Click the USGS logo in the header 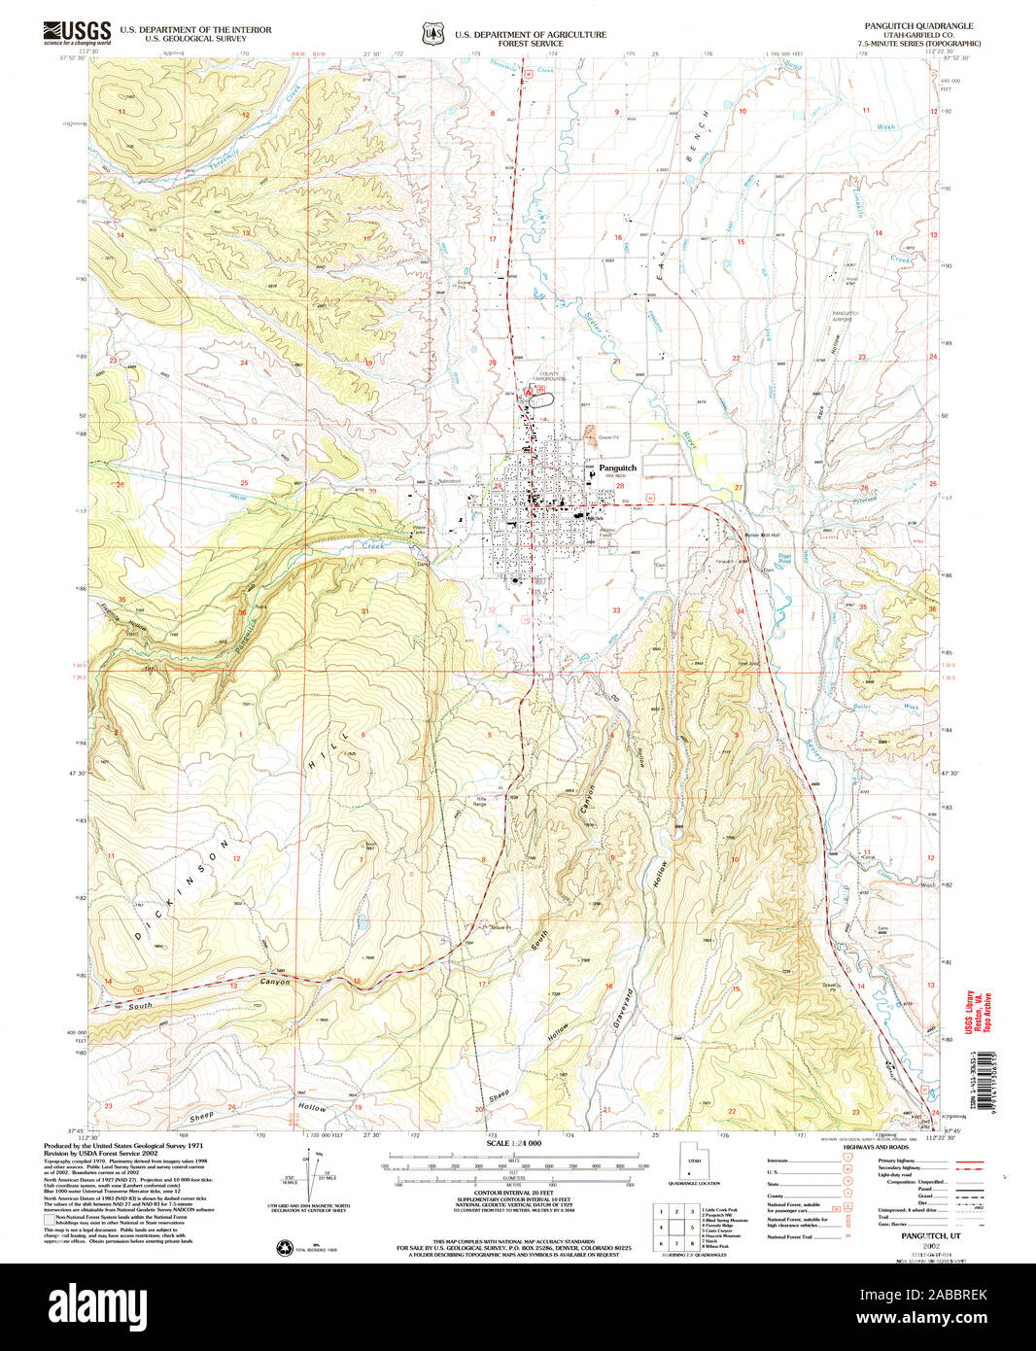tap(77, 33)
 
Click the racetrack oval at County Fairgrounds tap(541, 398)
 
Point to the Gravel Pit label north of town tap(608, 436)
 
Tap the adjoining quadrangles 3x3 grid tap(675, 1227)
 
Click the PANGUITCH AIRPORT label tap(846, 316)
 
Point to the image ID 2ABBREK tap(935, 1295)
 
